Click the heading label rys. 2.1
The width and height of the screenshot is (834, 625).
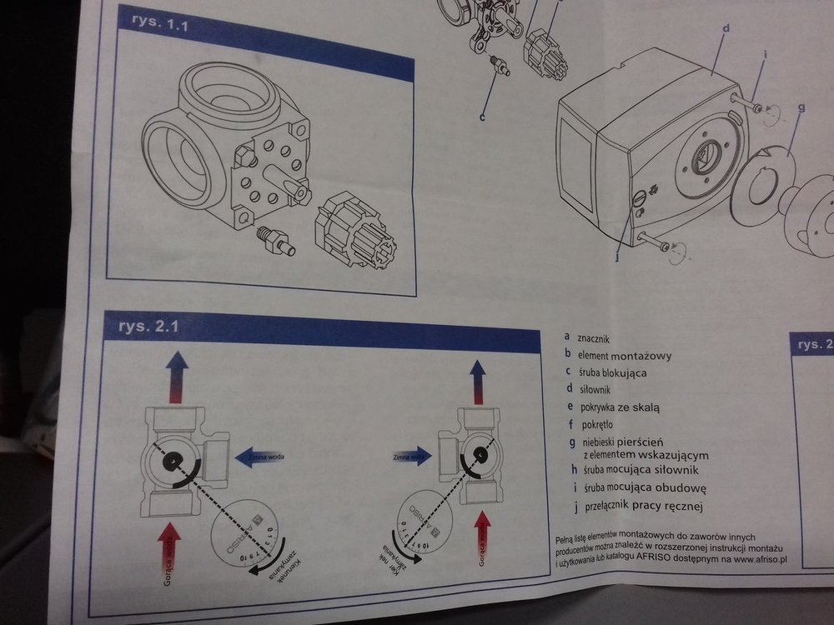(139, 325)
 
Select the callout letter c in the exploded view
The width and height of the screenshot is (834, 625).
(482, 117)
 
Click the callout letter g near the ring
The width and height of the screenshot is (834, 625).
(801, 107)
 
